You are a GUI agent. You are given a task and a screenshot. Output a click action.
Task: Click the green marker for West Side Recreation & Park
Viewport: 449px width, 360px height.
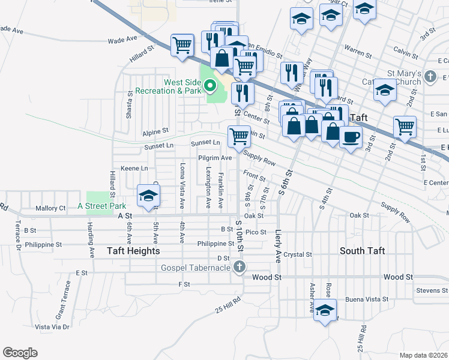210,85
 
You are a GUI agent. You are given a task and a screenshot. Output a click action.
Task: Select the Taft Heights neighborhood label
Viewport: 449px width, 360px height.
133,251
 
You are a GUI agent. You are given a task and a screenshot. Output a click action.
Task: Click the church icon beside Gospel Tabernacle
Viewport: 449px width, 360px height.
239,266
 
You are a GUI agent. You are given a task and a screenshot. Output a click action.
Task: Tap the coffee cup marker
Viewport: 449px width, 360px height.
351,136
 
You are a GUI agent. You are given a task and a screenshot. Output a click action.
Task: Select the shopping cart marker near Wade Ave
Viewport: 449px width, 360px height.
182,45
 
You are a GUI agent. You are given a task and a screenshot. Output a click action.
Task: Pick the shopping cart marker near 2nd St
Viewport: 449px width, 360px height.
405,127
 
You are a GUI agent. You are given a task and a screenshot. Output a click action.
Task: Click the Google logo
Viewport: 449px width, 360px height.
20,352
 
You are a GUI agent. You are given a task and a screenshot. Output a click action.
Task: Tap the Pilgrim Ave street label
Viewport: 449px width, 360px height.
215,158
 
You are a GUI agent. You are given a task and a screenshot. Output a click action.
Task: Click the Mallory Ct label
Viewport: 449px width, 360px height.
50,208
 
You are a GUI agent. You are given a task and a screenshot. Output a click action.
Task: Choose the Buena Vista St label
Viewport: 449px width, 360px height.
367,298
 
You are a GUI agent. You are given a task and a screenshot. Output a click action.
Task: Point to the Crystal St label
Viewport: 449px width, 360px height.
298,254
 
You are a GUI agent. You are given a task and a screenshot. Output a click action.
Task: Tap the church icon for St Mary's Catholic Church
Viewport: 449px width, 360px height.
430,77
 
